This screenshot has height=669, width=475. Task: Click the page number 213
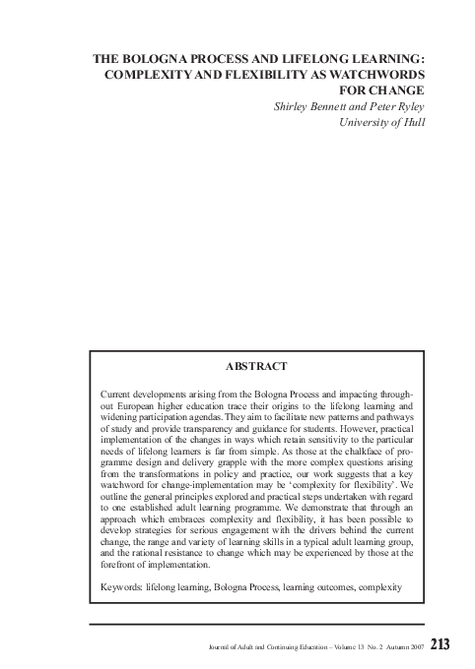(x=440, y=644)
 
